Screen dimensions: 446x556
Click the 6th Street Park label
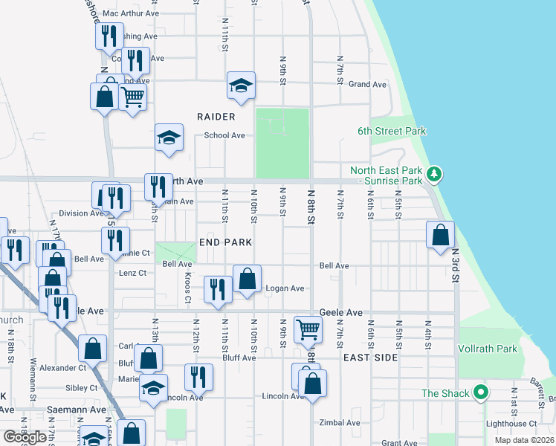[392, 131]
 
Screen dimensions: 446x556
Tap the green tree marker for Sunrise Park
[435, 175]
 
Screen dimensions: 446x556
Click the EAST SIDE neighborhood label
[370, 358]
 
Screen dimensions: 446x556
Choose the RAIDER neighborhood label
[216, 117]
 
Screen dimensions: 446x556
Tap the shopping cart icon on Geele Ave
[308, 328]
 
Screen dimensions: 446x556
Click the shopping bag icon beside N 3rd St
[441, 234]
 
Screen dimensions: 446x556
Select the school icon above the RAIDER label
[241, 85]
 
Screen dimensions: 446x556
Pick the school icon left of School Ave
[169, 138]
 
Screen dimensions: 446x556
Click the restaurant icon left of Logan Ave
[217, 290]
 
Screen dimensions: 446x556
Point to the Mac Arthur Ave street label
[131, 13]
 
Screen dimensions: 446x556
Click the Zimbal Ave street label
[339, 423]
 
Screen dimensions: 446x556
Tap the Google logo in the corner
[25, 437]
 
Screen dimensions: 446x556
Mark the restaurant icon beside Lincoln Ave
[198, 377]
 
